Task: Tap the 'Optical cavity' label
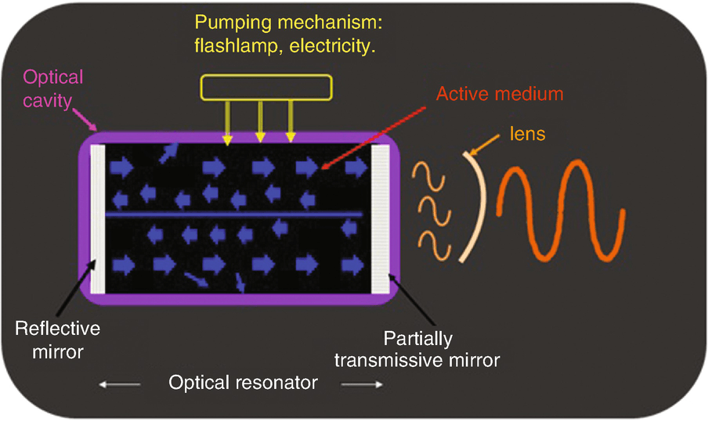coord(53,88)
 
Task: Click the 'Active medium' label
coord(500,95)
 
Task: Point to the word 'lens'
coord(529,134)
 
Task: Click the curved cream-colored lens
coord(479,207)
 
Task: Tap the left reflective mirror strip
coord(97,218)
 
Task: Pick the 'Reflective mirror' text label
coord(59,337)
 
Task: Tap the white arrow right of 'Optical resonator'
coord(363,384)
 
